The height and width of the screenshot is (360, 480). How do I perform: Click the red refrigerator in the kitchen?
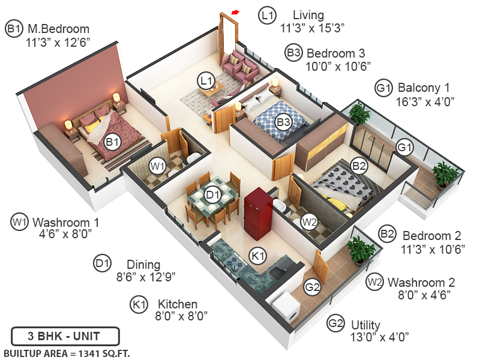258,214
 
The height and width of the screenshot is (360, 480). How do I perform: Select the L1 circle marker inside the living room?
207,80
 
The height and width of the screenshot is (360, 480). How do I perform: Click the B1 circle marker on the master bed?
112,142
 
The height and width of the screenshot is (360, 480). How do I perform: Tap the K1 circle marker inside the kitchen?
257,256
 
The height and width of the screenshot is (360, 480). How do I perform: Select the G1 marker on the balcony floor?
403,147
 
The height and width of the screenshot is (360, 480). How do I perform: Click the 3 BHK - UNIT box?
65,335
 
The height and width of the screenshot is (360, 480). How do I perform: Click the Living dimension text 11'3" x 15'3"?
312,28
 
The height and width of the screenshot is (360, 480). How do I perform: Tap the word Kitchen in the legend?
177,304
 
